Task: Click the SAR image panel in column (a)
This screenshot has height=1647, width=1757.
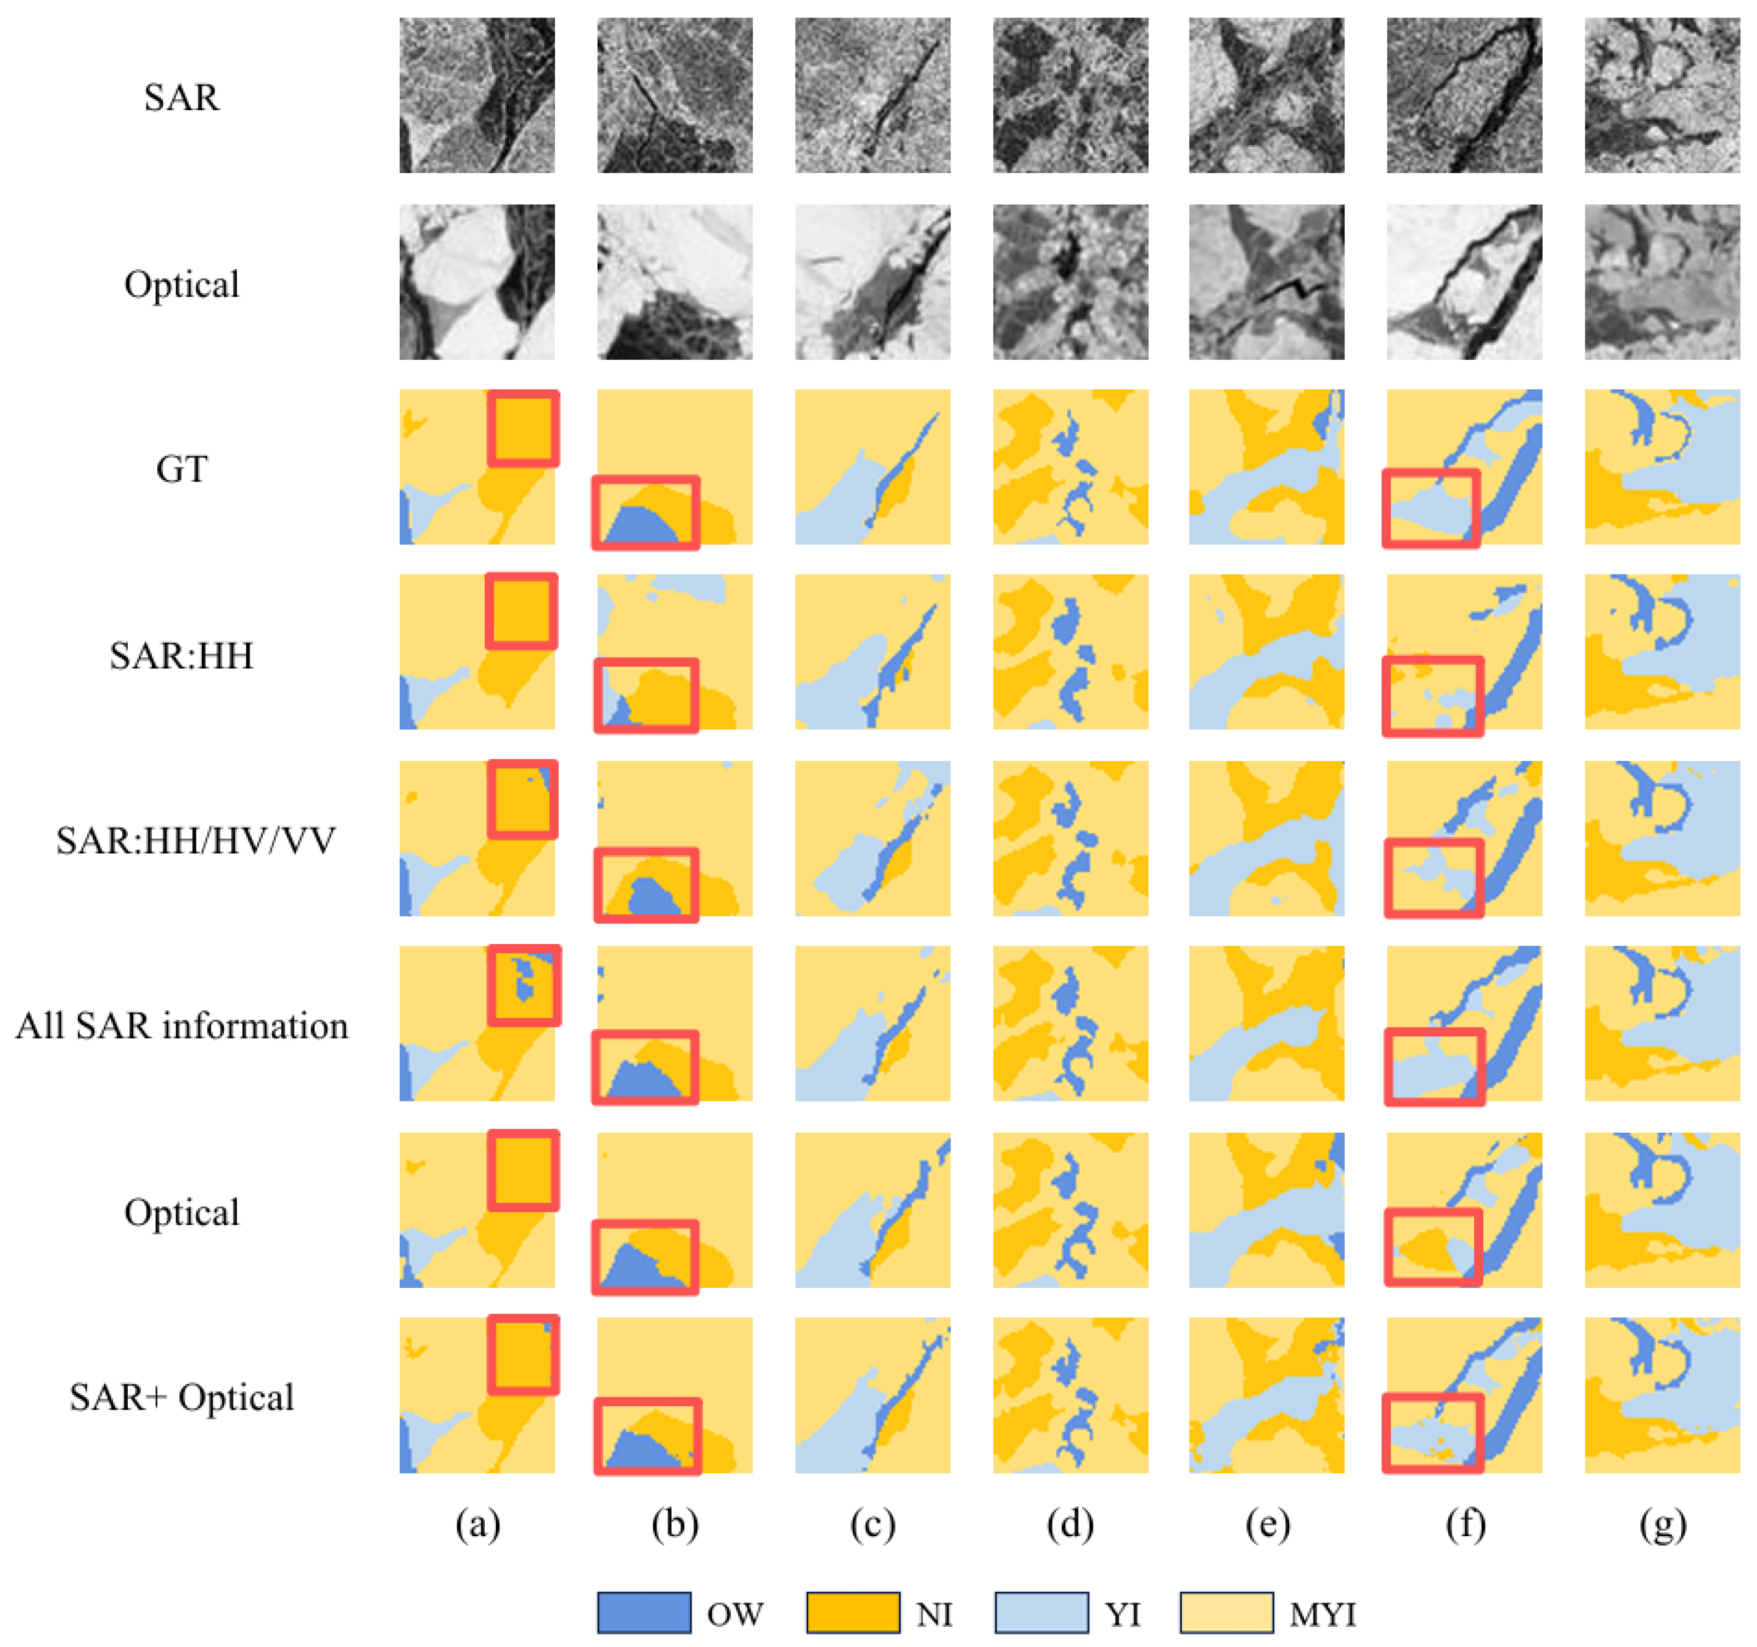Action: [477, 95]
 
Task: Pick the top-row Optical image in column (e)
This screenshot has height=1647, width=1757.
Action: [1267, 282]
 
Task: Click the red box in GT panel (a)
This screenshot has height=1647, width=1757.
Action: [523, 429]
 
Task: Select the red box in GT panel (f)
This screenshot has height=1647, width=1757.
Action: [1431, 508]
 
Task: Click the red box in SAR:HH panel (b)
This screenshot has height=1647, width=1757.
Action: [646, 695]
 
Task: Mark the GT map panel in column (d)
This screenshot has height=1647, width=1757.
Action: [1070, 467]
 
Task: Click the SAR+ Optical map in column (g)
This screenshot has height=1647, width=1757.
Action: [1662, 1395]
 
